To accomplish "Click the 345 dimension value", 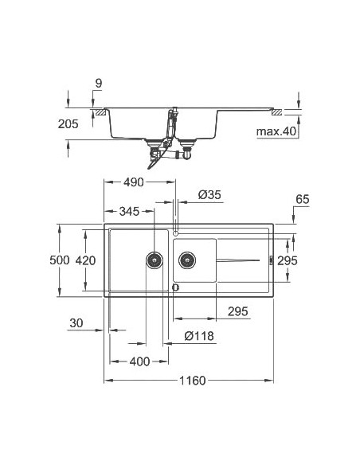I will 131,212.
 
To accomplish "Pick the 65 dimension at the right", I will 302,199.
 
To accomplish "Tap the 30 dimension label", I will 76,322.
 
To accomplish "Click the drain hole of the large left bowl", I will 151,259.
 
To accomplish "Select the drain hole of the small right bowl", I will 187,259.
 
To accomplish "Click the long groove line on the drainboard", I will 239,259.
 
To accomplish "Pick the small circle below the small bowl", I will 175,288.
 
